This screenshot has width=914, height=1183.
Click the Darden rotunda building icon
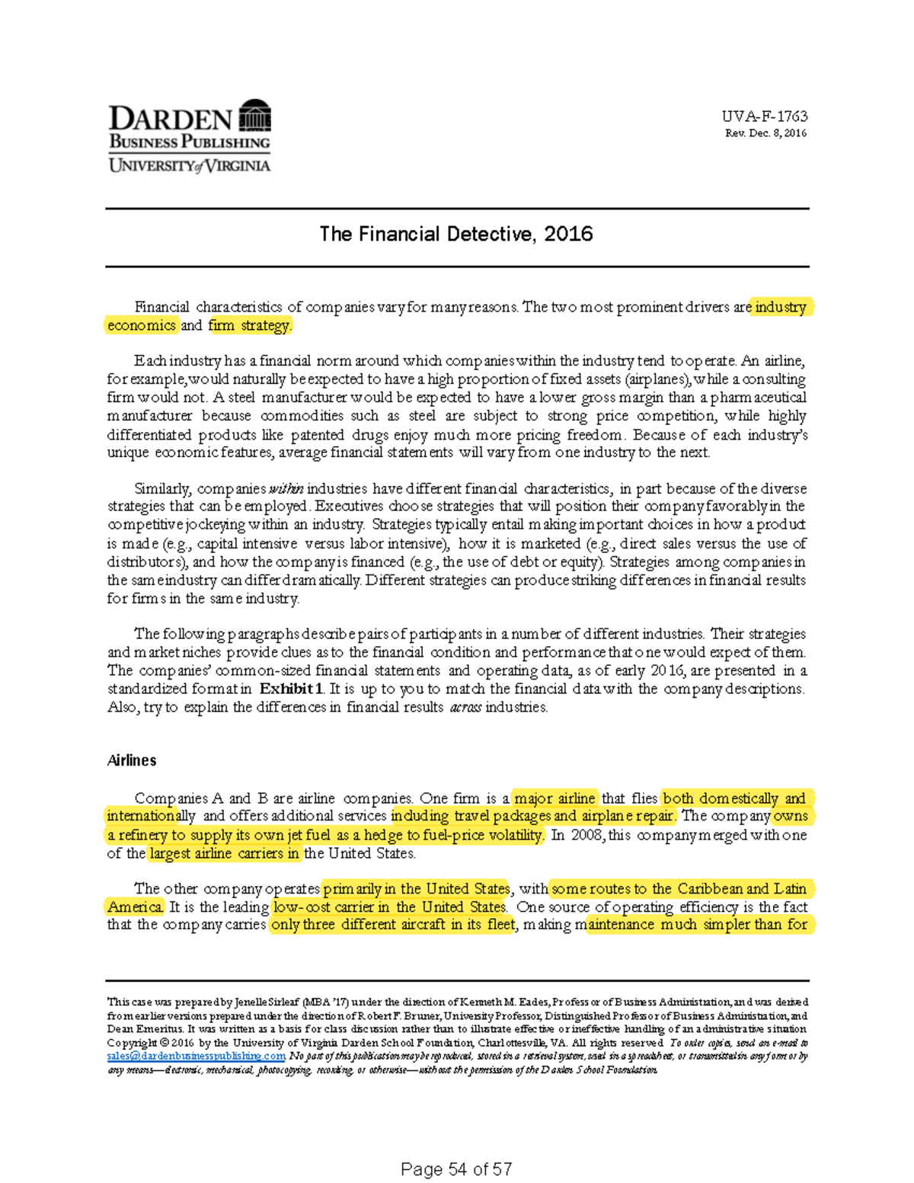tap(254, 116)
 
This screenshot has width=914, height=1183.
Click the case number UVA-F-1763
tap(764, 117)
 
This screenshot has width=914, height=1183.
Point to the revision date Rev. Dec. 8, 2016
tap(765, 133)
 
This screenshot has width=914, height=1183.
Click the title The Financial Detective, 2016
tap(455, 234)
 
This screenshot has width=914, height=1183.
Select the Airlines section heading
tap(132, 760)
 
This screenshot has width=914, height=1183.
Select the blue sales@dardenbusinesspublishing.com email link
tap(196, 1057)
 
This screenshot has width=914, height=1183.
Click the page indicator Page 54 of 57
tap(455, 1169)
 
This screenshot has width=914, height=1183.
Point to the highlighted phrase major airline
tap(554, 798)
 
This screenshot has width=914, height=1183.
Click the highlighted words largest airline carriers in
tap(224, 853)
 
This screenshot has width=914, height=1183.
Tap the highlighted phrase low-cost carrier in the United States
tap(389, 907)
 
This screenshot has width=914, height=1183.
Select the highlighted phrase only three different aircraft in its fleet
tap(393, 925)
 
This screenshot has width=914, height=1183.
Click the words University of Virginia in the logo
tap(189, 165)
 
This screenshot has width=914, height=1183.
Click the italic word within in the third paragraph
tap(286, 489)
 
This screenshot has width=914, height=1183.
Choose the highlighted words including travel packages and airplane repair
tap(532, 816)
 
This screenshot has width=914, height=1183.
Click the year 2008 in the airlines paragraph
tap(586, 835)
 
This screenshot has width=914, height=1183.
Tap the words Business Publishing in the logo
tap(189, 142)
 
